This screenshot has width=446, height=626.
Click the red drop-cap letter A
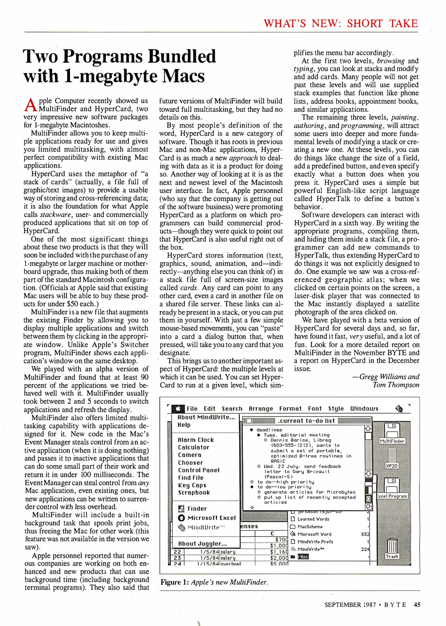[30, 105]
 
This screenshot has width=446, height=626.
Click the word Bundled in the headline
[182, 56]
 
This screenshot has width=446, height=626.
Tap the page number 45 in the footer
[417, 605]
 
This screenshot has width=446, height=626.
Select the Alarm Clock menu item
[196, 440]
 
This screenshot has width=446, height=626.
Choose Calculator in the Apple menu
[194, 447]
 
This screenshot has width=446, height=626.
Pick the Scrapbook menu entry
[194, 493]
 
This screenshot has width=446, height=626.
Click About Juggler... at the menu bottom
[202, 544]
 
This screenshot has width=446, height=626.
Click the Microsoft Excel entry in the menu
[211, 518]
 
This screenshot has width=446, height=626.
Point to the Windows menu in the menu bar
[364, 409]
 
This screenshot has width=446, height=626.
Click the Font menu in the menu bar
[315, 409]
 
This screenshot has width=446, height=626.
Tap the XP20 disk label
[392, 466]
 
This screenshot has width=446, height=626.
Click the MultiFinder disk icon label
[392, 441]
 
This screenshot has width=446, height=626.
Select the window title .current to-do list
[306, 421]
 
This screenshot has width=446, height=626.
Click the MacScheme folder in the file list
[310, 527]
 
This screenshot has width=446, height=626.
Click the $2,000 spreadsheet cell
[279, 558]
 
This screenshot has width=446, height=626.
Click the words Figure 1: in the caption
[175, 582]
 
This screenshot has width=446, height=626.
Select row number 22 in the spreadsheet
[177, 552]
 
